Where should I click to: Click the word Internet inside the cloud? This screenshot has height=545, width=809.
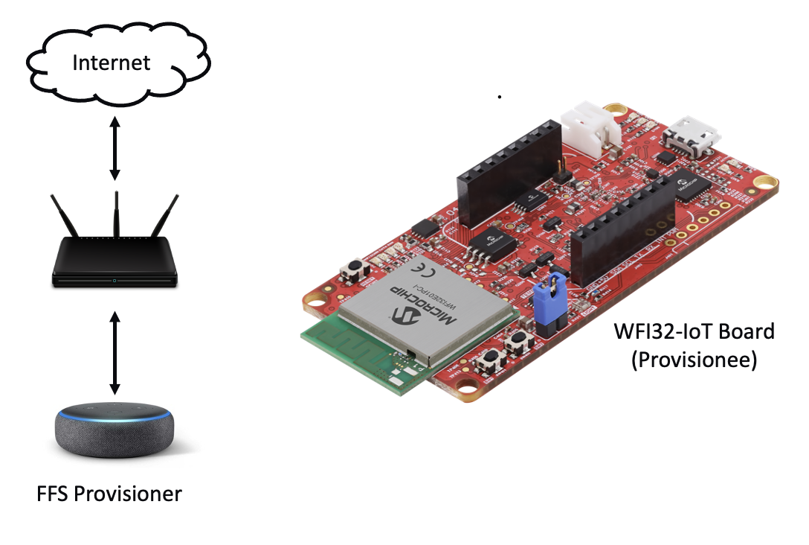click(x=111, y=63)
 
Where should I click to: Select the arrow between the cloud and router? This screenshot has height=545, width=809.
click(x=115, y=149)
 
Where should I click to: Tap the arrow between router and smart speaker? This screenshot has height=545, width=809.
click(x=115, y=353)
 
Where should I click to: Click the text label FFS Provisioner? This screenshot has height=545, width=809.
click(x=109, y=494)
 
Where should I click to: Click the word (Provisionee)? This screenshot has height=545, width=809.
click(x=694, y=360)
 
